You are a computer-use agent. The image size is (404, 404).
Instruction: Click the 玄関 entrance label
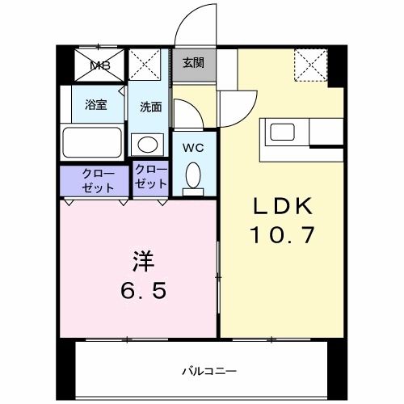192,63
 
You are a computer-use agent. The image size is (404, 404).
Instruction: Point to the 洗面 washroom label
150,106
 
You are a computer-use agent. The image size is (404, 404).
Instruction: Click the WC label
192,147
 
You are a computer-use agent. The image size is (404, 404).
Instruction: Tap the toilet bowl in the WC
193,175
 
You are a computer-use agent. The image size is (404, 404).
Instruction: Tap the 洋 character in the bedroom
144,261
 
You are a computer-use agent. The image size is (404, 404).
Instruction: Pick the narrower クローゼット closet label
150,177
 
